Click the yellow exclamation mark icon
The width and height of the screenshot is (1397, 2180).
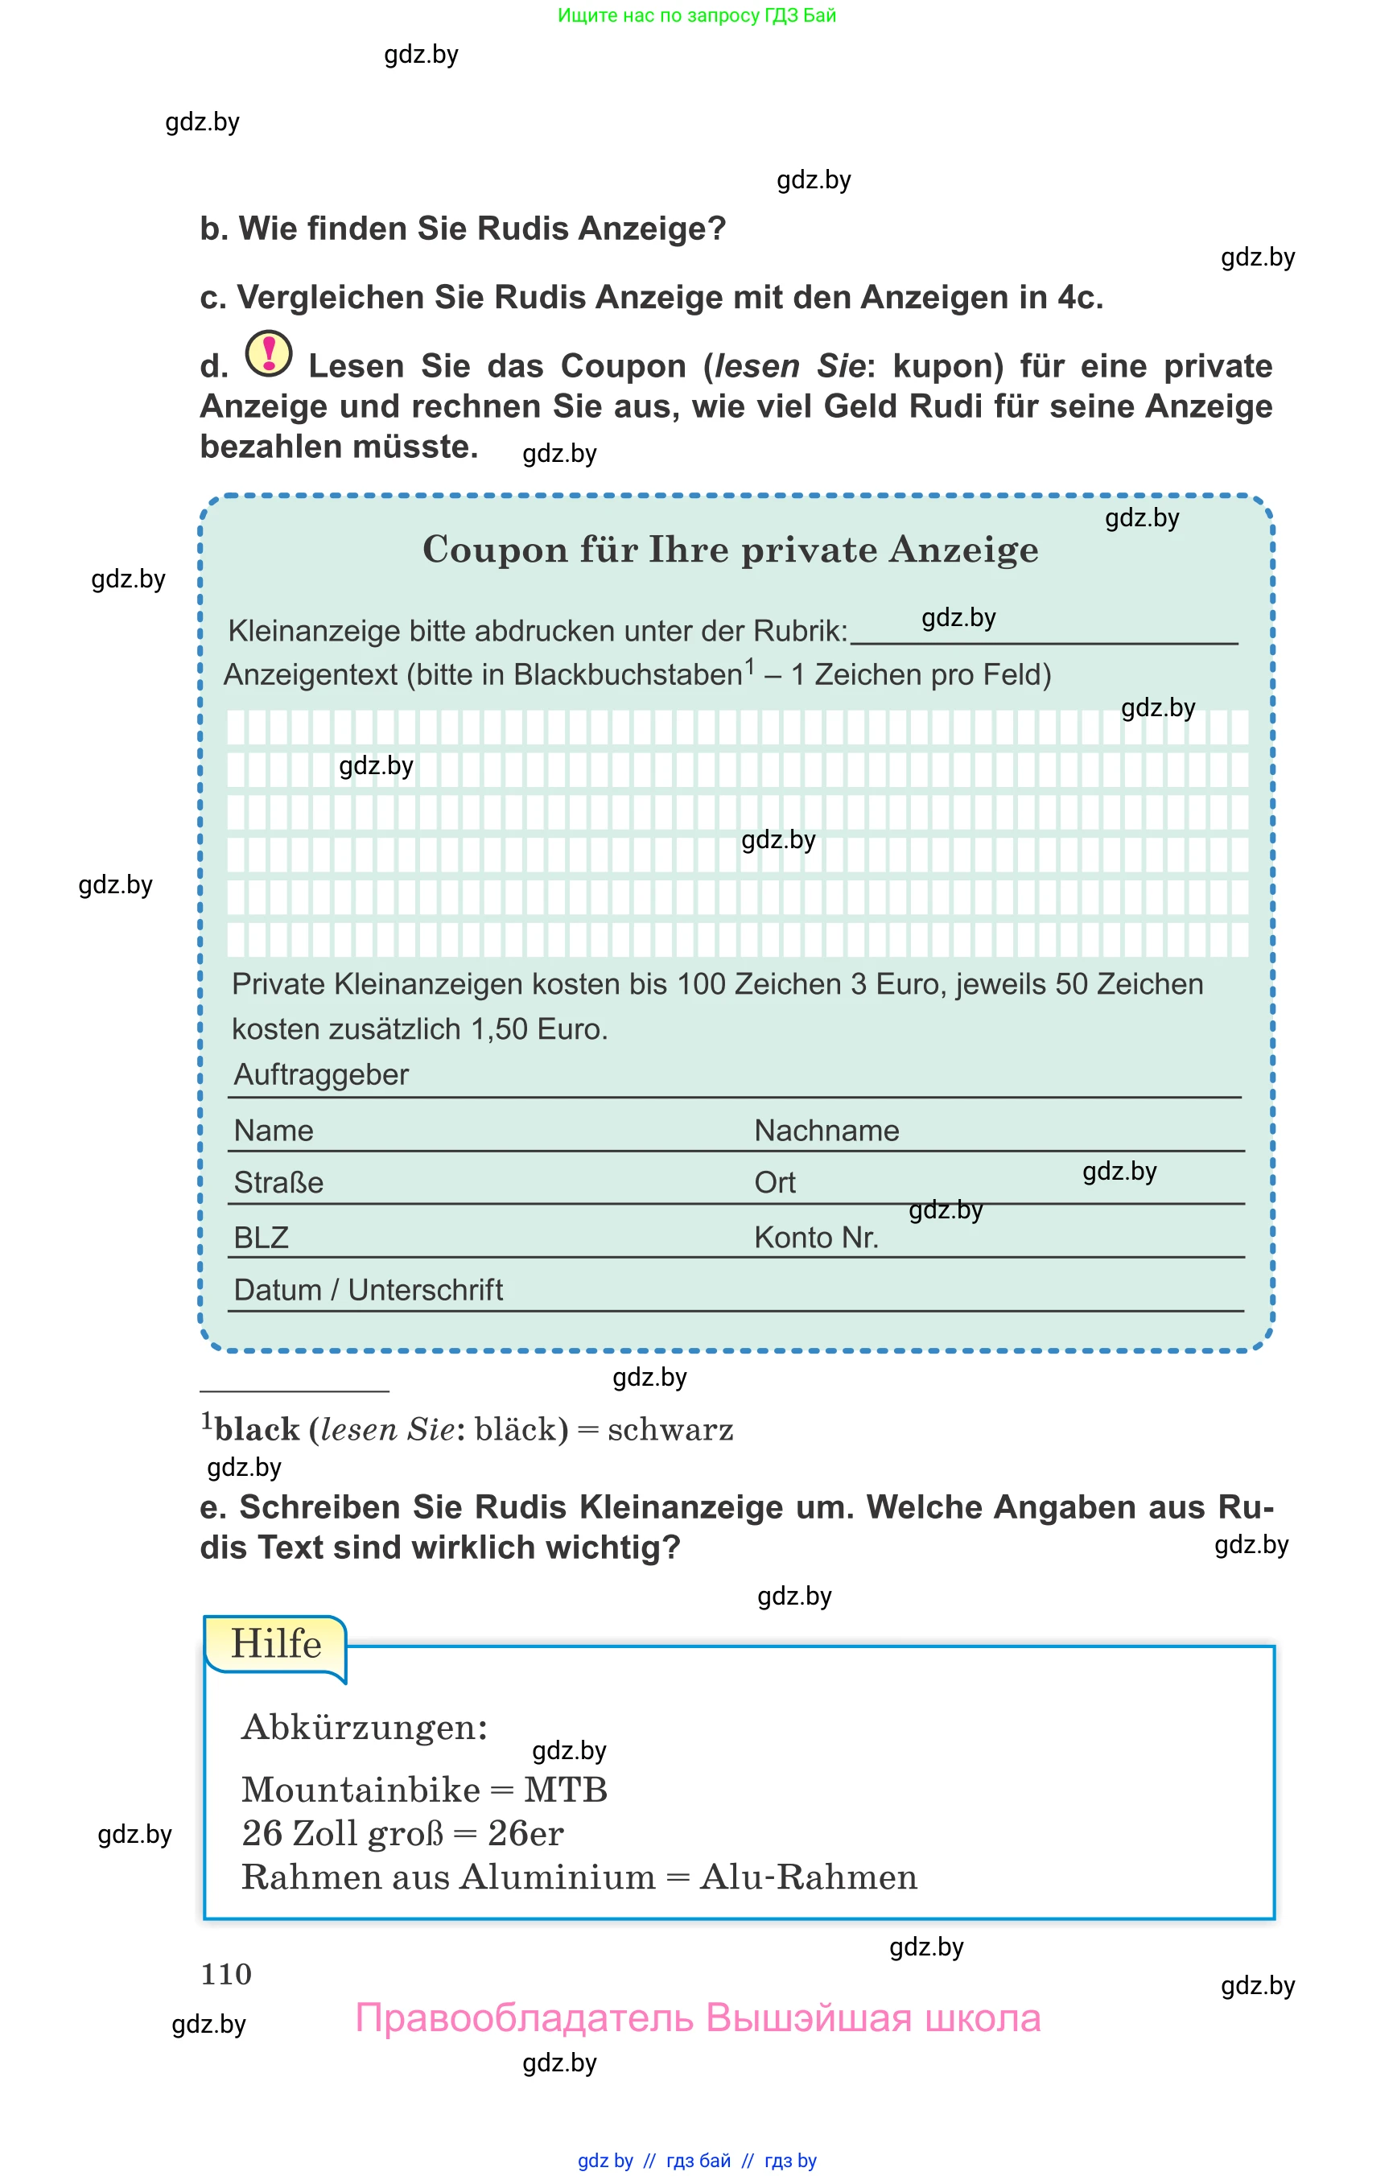click(x=269, y=353)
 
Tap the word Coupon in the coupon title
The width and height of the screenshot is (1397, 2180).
click(x=495, y=550)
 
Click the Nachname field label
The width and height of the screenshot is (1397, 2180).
click(x=826, y=1131)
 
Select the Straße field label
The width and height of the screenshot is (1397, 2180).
click(x=278, y=1182)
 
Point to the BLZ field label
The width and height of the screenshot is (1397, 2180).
click(x=262, y=1238)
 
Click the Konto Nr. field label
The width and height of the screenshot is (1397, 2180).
click(x=817, y=1238)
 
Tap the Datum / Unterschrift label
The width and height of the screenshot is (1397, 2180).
click(x=369, y=1289)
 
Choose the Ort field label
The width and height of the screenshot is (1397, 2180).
click(x=775, y=1182)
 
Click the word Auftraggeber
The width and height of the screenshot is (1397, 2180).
click(x=321, y=1074)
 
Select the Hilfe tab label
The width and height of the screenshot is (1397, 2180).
click(x=276, y=1644)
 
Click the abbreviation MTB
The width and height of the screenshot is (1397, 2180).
click(x=565, y=1790)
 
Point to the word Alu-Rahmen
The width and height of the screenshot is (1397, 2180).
click(x=808, y=1877)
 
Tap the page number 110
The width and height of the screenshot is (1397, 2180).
click(x=226, y=1974)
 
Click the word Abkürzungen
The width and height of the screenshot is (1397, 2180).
click(x=365, y=1727)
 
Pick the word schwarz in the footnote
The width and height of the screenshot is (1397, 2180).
click(x=670, y=1430)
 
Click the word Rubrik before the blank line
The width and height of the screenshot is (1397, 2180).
click(x=798, y=631)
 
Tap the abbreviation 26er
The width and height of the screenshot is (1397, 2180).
click(x=526, y=1833)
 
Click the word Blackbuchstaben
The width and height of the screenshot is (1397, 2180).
click(x=628, y=675)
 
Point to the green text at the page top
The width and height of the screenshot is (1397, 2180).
click(x=697, y=15)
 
